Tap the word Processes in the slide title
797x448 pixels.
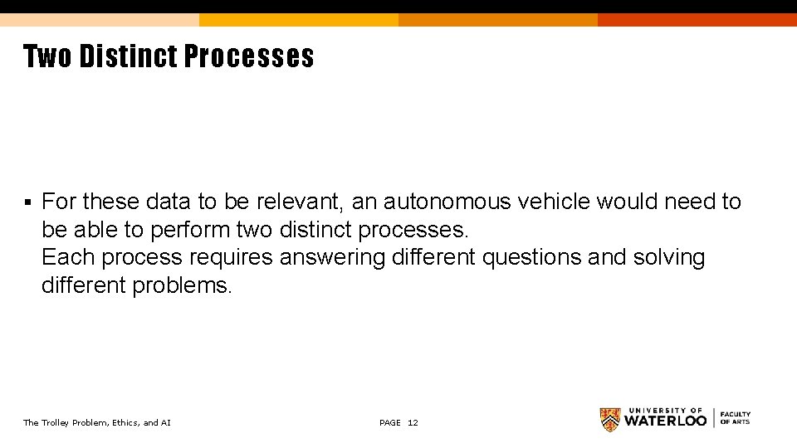(249, 56)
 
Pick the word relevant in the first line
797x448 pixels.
(299, 202)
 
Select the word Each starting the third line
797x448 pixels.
(68, 257)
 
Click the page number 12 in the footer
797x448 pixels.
(413, 423)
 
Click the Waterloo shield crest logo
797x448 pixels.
(610, 419)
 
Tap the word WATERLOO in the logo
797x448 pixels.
(665, 421)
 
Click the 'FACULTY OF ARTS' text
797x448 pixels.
(735, 418)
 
